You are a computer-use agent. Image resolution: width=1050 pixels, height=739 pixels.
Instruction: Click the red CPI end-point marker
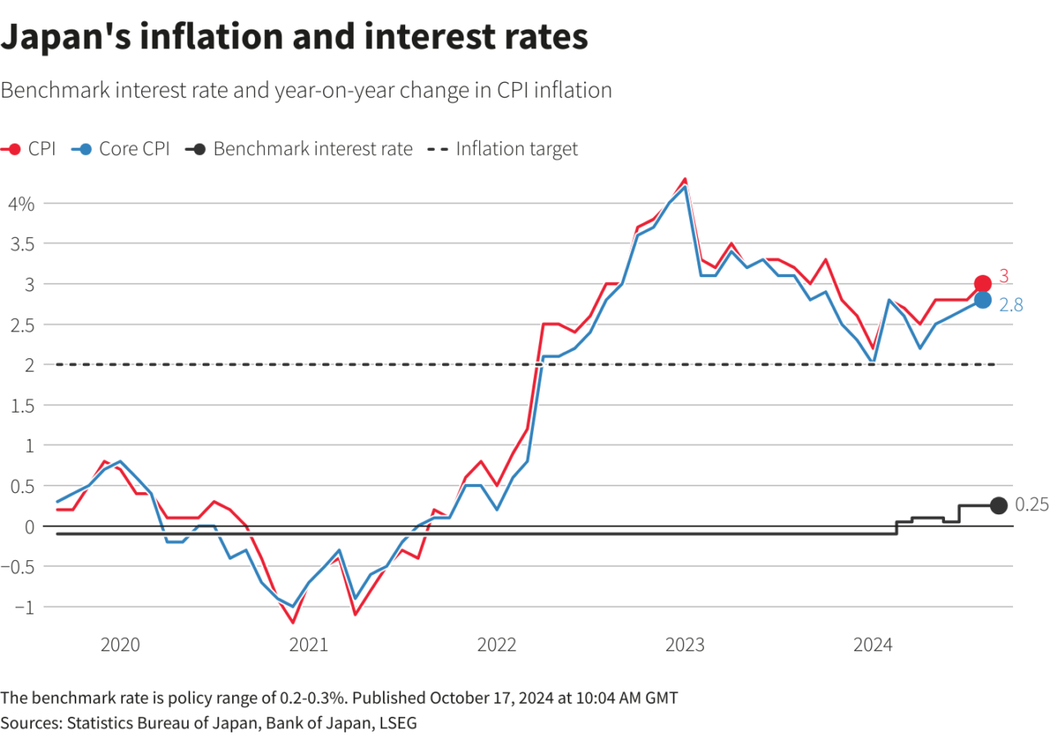(983, 284)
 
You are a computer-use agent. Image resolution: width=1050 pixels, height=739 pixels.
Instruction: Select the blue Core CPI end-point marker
(983, 300)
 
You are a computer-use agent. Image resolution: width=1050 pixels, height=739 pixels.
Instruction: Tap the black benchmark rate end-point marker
(998, 506)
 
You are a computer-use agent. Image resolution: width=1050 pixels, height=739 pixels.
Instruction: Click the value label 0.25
(1032, 505)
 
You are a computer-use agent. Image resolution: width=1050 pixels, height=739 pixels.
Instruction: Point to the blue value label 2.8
(1011, 304)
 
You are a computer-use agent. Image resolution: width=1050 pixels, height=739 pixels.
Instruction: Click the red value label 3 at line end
(1003, 277)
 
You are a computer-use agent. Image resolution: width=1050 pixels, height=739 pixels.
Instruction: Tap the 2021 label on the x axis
(309, 645)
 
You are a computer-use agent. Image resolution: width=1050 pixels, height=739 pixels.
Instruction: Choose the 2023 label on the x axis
(685, 645)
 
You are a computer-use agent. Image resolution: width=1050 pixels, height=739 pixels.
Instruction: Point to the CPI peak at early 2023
(685, 179)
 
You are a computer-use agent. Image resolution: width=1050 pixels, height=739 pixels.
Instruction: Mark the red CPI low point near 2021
(293, 623)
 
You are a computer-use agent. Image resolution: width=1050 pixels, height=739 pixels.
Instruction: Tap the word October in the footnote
(463, 698)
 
